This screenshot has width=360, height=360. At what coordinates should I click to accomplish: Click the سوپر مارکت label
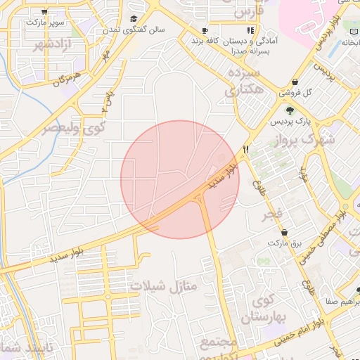pyautogui.click(x=46, y=23)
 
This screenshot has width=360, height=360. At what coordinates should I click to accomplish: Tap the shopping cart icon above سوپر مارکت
pyautogui.click(x=46, y=12)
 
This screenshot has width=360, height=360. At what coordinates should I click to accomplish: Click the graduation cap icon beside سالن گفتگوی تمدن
pyautogui.click(x=134, y=19)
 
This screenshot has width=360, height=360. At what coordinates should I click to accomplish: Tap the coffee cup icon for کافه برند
pyautogui.click(x=205, y=31)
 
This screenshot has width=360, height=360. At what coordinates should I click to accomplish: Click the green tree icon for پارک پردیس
pyautogui.click(x=289, y=110)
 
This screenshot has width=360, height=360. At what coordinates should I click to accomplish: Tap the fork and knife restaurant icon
pyautogui.click(x=245, y=149)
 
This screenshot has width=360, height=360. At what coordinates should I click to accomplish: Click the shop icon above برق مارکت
pyautogui.click(x=284, y=232)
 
